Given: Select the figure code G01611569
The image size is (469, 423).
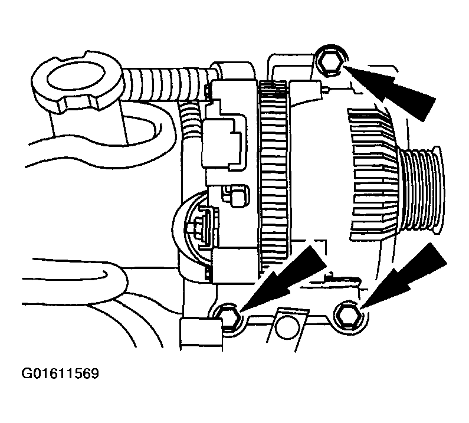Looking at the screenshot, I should click(x=60, y=374).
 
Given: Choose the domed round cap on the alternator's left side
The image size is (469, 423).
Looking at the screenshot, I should click(x=189, y=230).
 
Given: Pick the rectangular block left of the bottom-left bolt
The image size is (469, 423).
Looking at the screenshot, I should click(x=195, y=333).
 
